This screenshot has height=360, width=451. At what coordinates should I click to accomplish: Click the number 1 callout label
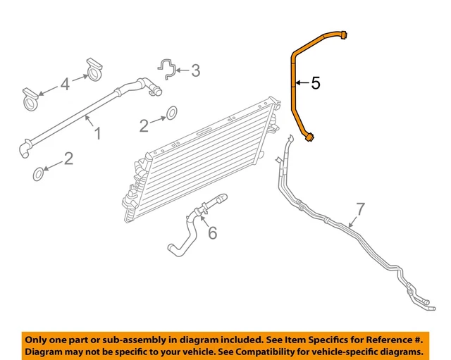pyautogui.click(x=97, y=132)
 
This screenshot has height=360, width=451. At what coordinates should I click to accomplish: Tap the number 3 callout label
pyautogui.click(x=195, y=70)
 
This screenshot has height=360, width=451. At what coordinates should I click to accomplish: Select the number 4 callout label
pyautogui.click(x=65, y=84)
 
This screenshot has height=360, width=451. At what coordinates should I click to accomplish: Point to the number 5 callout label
pyautogui.click(x=315, y=83)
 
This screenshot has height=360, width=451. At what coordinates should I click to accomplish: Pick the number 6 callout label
pyautogui.click(x=211, y=232)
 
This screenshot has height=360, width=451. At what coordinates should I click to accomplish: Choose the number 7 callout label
pyautogui.click(x=360, y=209)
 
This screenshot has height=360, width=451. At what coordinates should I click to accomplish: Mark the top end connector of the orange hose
pyautogui.click(x=343, y=34)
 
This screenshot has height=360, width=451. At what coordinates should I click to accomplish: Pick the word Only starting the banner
pyautogui.click(x=39, y=338)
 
